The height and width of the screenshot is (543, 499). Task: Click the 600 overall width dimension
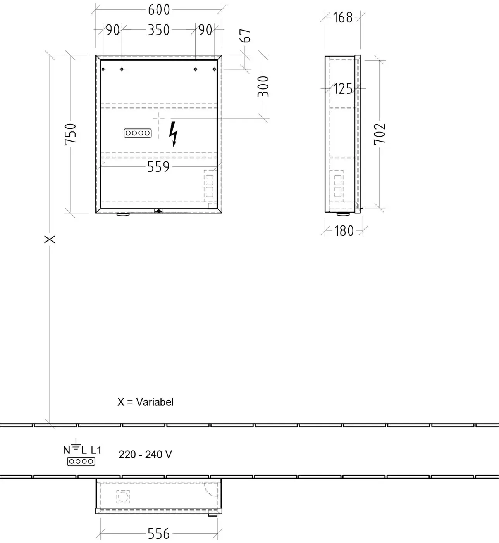159,10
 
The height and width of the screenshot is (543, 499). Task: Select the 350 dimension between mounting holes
159,30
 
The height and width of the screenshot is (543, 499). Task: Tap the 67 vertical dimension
245,35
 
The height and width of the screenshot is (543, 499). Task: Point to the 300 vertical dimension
263,86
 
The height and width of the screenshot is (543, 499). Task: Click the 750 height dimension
71,134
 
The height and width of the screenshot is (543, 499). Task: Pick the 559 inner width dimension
158,167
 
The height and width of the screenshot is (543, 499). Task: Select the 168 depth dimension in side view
342,17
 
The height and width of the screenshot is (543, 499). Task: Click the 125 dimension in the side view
342,89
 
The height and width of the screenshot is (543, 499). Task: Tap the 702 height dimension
379,134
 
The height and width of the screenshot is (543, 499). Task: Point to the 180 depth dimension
344,231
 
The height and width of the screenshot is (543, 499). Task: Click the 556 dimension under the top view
159,534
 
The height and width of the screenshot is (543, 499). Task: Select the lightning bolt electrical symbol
173,134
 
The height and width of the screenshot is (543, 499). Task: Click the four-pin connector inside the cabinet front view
138,133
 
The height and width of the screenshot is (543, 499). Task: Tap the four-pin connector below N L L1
81,462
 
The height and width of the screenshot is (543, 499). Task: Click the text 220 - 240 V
145,455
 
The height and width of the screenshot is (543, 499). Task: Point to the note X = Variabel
146,402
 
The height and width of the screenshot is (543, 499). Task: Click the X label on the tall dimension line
50,239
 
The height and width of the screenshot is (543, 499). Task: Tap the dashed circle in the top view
123,497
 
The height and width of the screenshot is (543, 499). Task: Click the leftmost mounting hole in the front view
103,69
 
